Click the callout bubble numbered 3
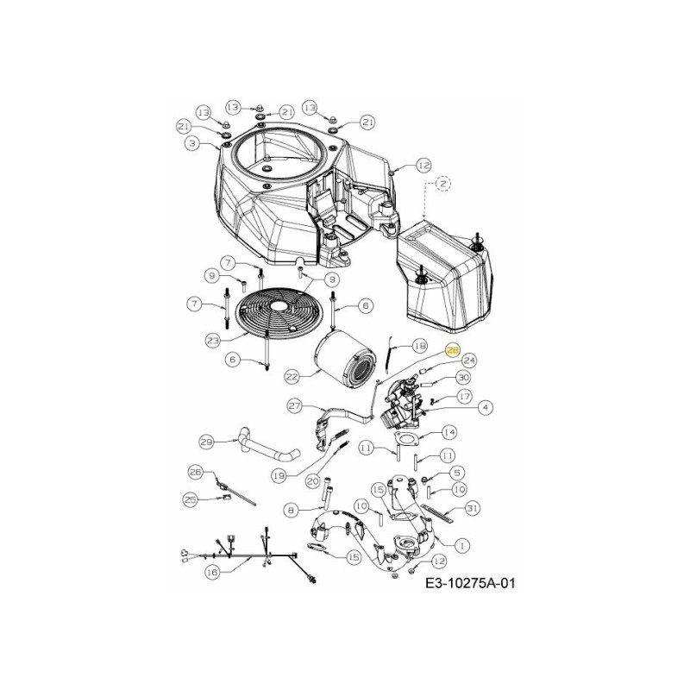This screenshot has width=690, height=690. tap(192, 142)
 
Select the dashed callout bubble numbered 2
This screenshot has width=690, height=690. tap(442, 183)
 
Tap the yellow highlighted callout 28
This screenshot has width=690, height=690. tap(453, 349)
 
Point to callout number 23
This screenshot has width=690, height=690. tap(212, 340)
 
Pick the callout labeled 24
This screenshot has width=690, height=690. tap(470, 360)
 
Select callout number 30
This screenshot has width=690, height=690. tap(462, 378)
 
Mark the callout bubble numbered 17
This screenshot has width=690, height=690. tap(464, 396)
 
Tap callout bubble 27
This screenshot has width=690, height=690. tap(294, 405)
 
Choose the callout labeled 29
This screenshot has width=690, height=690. tap(206, 442)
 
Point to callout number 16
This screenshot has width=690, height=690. tap(211, 571)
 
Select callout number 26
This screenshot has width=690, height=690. tap(195, 472)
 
